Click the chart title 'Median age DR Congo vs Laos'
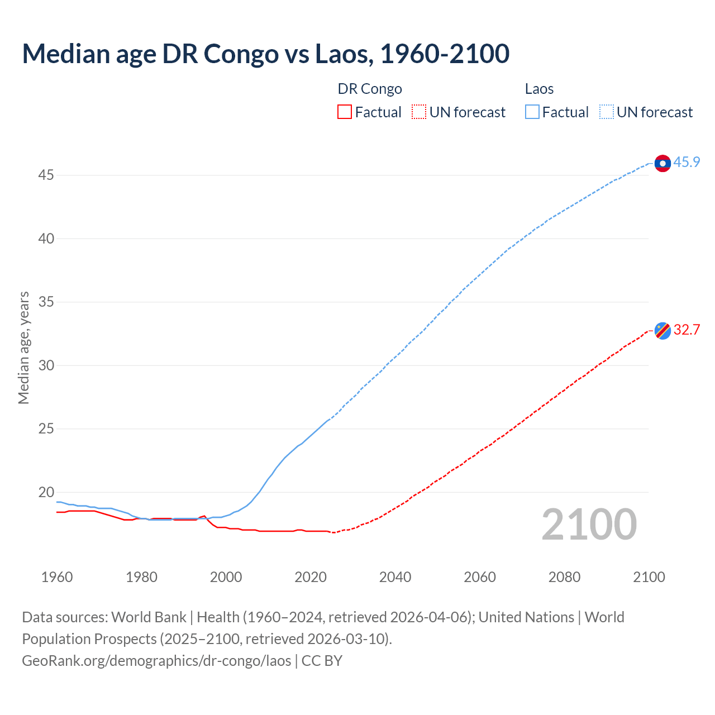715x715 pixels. click(265, 54)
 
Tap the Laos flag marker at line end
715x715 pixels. click(662, 163)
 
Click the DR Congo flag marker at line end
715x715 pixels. click(662, 331)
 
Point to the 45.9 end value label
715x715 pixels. click(687, 163)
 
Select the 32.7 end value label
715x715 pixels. click(687, 330)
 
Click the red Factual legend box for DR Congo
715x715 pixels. click(345, 112)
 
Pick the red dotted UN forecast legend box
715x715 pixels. click(419, 112)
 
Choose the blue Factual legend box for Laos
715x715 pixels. click(532, 112)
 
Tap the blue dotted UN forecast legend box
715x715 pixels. click(607, 112)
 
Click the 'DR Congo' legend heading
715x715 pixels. click(370, 89)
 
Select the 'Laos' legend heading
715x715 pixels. click(539, 89)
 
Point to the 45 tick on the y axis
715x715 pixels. click(46, 175)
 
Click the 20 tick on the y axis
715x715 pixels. click(46, 493)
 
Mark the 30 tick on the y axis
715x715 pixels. click(46, 366)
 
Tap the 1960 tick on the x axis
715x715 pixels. click(57, 577)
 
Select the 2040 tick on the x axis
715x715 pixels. click(395, 577)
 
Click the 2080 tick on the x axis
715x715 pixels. click(564, 577)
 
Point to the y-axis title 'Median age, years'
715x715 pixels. click(23, 347)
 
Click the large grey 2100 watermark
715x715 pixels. click(589, 525)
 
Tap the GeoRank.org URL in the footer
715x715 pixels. click(156, 661)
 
